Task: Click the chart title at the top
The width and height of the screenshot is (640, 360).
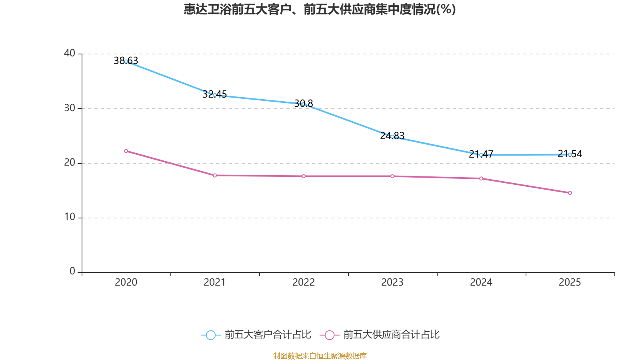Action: tap(320, 9)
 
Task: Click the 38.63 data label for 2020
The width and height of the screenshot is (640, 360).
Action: tap(126, 60)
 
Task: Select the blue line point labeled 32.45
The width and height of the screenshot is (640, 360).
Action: tap(214, 95)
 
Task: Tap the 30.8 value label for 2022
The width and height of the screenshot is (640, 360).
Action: tap(304, 104)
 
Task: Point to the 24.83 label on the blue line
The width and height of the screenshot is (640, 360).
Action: tap(392, 136)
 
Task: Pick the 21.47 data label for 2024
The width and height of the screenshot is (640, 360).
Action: tap(481, 154)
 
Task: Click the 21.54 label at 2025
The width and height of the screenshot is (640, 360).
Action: tap(570, 154)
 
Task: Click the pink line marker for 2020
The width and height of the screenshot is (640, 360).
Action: tap(126, 151)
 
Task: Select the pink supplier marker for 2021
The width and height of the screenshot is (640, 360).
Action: tap(215, 175)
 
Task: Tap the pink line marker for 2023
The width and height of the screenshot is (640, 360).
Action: tap(392, 176)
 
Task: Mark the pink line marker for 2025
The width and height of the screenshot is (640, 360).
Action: tap(570, 193)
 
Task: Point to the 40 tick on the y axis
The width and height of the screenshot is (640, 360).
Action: tap(70, 53)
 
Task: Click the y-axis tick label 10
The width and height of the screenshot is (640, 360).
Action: tap(70, 217)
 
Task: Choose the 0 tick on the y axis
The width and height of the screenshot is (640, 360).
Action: tap(72, 272)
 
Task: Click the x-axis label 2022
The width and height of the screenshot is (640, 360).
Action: tap(304, 282)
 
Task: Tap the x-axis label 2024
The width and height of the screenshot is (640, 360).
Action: tap(481, 282)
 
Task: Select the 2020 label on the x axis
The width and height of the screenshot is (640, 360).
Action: tap(126, 282)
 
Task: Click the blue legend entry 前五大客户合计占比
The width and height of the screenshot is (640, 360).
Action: tap(256, 335)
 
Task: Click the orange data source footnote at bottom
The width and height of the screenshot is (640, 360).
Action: tap(320, 356)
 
